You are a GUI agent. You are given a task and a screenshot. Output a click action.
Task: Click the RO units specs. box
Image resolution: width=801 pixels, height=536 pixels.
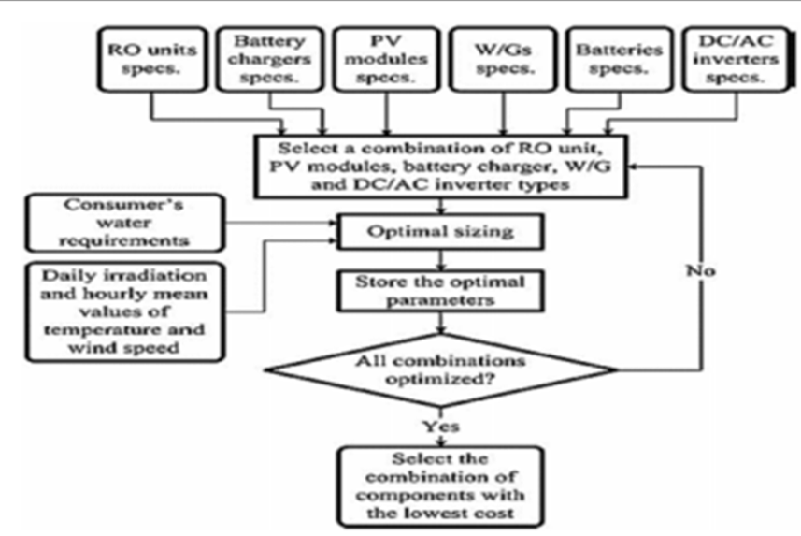(149, 58)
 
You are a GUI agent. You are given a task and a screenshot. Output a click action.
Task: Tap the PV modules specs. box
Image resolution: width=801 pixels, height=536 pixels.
(386, 58)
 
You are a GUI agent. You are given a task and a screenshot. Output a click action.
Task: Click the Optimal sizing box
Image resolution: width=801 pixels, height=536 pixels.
(439, 231)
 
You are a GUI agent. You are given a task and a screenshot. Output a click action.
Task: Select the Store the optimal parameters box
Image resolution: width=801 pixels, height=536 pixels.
(439, 290)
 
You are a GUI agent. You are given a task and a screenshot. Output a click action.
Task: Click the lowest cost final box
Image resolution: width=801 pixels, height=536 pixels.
(439, 485)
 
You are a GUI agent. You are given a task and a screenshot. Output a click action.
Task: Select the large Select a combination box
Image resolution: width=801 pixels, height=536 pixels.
(439, 165)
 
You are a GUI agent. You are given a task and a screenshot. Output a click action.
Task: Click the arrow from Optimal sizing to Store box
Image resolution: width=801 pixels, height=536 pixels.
(439, 258)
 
